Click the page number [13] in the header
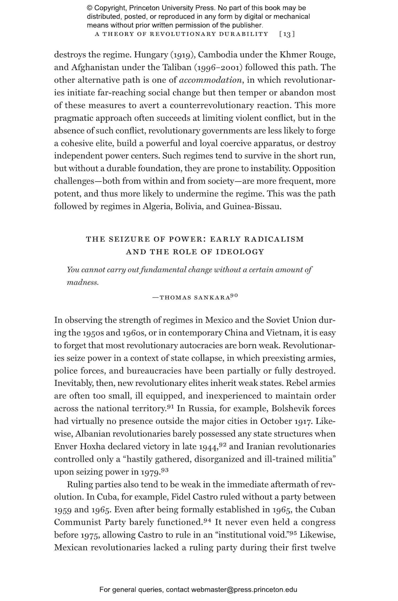pos(287,34)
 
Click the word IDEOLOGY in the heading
pos(240,252)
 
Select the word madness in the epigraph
pos(82,283)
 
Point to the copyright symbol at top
pos(89,8)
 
